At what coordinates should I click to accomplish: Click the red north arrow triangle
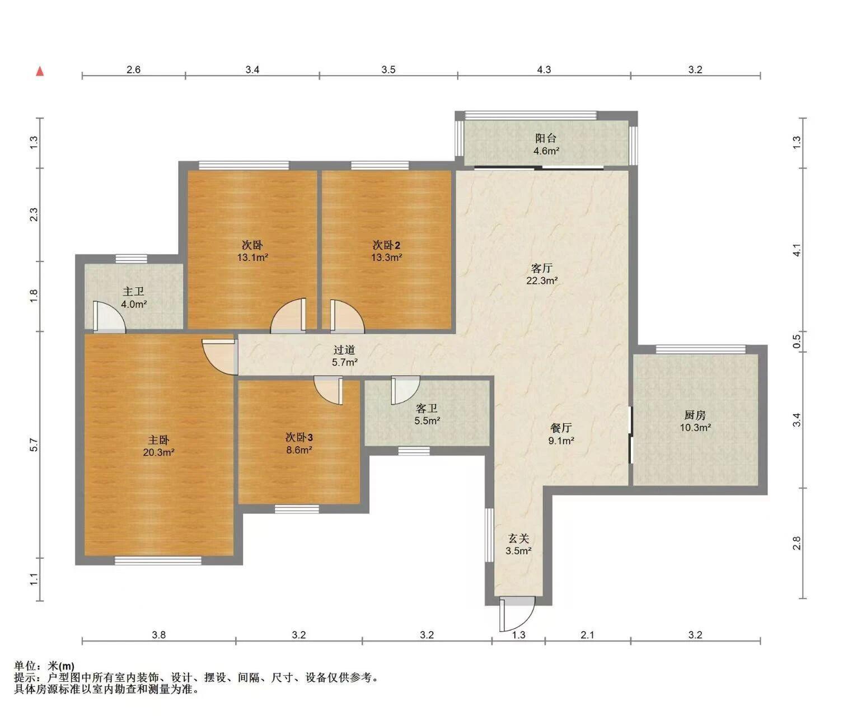click(40, 72)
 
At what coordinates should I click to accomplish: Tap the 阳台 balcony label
click(546, 138)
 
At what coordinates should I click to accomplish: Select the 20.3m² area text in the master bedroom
click(158, 452)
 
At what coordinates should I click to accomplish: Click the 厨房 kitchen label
click(695, 415)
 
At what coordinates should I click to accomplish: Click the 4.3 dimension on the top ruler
click(544, 70)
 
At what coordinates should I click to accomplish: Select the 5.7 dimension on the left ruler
click(34, 444)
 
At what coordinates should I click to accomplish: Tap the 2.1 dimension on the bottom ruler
click(587, 635)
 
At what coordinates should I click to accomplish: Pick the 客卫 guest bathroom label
click(427, 409)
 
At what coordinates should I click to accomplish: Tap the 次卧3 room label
click(299, 437)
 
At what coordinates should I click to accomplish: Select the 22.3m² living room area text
click(542, 280)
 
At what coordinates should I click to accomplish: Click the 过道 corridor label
click(344, 350)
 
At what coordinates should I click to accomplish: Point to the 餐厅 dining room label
click(561, 428)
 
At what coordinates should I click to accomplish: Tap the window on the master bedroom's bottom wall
click(158, 560)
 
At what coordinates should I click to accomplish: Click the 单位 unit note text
click(44, 666)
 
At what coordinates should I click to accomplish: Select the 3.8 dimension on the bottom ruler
click(158, 635)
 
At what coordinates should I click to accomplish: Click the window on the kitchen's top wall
click(701, 349)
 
